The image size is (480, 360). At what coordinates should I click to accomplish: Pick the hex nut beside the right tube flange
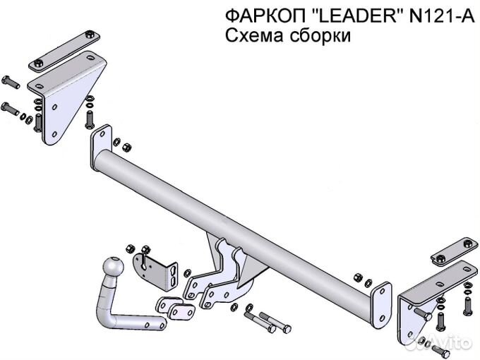[x=358, y=277]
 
